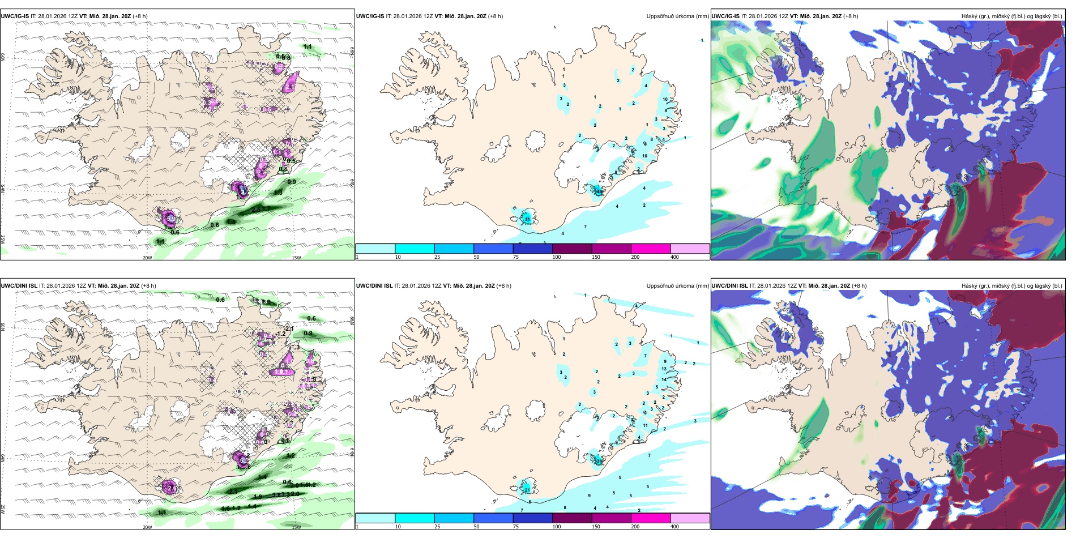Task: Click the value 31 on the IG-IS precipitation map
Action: (527, 219)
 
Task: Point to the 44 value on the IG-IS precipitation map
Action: (599, 192)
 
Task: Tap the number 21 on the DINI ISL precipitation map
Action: (527, 489)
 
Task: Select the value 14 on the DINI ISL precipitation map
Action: (664, 379)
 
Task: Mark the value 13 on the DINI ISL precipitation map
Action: (664, 369)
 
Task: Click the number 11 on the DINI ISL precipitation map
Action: (646, 425)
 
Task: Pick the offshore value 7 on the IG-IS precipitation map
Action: (585, 227)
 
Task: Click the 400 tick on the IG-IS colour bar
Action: (674, 257)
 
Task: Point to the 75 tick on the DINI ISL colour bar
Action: (515, 527)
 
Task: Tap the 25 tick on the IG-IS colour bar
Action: (437, 257)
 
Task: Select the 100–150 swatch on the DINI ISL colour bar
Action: (572, 518)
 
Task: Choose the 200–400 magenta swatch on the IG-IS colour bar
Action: (651, 249)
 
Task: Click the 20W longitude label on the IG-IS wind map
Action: (147, 258)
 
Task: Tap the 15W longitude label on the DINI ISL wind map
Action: (296, 527)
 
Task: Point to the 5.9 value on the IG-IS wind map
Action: (171, 218)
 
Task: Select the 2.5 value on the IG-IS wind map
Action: (256, 210)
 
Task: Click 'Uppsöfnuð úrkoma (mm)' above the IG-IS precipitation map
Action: (677, 16)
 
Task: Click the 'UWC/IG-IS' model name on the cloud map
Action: (725, 16)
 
